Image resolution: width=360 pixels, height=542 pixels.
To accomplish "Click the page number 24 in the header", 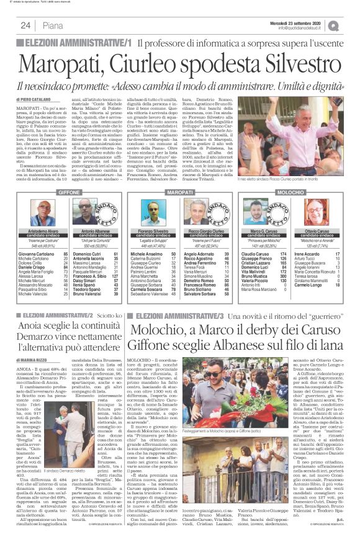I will click(27, 25).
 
